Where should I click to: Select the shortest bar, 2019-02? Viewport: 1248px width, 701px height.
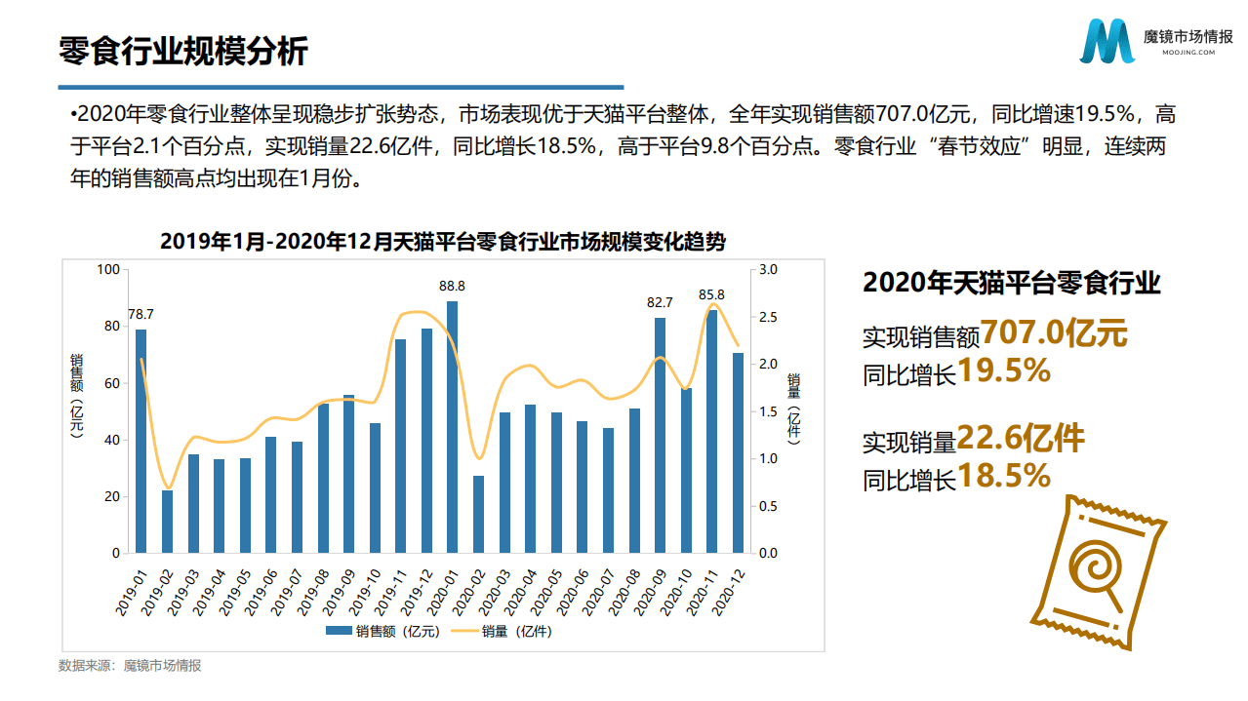click(x=167, y=522)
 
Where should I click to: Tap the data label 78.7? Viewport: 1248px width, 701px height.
click(x=141, y=314)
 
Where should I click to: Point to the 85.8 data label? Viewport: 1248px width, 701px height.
click(x=711, y=294)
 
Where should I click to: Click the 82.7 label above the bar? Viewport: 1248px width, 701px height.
click(x=660, y=302)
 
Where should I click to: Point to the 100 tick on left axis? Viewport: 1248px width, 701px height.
click(x=108, y=270)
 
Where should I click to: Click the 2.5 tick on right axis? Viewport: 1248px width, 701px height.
click(x=768, y=317)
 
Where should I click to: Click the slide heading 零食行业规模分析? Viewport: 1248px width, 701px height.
click(x=183, y=51)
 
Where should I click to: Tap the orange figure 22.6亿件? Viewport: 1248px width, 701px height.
click(x=1021, y=439)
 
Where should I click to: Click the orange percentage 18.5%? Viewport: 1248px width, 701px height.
click(x=1004, y=476)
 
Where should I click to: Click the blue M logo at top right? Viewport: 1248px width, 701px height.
click(x=1107, y=41)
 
